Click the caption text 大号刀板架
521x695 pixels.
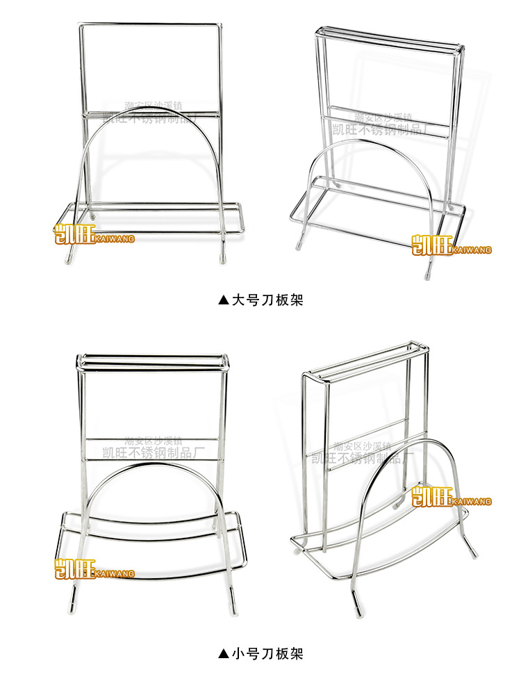coord(267,300)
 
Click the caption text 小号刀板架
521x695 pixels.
coord(267,653)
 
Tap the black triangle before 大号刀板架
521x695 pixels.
coord(223,301)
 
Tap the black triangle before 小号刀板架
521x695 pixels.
coord(223,654)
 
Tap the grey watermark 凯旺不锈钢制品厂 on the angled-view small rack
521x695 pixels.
coord(363,457)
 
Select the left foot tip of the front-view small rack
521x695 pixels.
coord(72,602)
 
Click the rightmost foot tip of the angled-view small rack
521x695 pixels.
coord(474,555)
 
